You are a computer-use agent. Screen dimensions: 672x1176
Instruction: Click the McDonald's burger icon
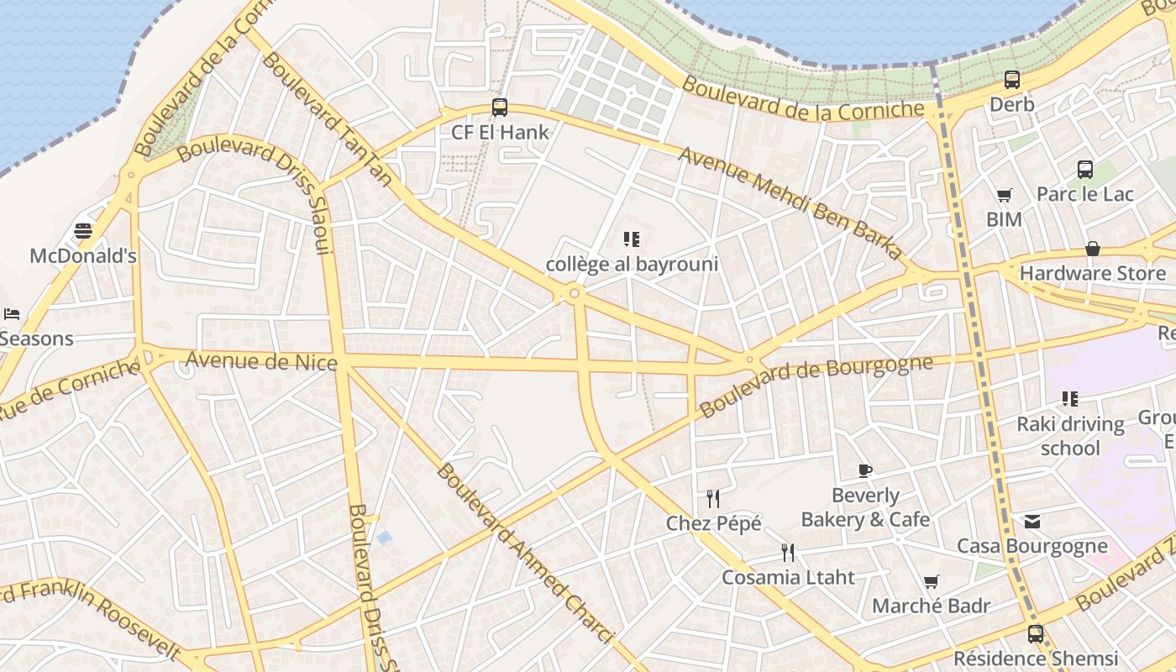tap(83, 230)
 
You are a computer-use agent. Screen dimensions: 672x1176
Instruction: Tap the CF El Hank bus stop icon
tap(500, 108)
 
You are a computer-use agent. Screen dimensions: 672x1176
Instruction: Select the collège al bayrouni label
tap(632, 264)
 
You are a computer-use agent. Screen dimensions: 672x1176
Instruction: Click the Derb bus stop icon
tap(1012, 81)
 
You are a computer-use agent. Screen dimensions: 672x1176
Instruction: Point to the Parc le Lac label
tap(1084, 194)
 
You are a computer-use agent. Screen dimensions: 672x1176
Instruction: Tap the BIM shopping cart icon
tap(1004, 196)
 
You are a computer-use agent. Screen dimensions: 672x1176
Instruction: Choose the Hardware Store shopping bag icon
tap(1093, 249)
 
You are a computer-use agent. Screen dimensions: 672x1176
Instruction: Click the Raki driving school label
tap(1070, 435)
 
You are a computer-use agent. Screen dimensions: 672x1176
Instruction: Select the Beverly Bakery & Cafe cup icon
tap(865, 470)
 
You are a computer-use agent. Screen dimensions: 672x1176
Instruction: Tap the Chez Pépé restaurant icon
tap(713, 499)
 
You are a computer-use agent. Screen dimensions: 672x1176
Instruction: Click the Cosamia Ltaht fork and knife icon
tap(788, 552)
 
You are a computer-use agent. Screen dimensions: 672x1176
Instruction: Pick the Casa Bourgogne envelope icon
tap(1032, 522)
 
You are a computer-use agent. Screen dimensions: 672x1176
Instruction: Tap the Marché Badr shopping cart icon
tap(931, 581)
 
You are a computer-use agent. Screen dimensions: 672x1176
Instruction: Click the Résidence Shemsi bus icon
tap(1036, 633)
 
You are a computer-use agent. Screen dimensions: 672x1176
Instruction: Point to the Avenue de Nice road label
tap(261, 361)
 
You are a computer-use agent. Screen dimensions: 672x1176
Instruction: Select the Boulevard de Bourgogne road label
tap(816, 386)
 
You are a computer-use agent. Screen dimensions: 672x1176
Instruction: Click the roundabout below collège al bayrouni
tap(575, 293)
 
